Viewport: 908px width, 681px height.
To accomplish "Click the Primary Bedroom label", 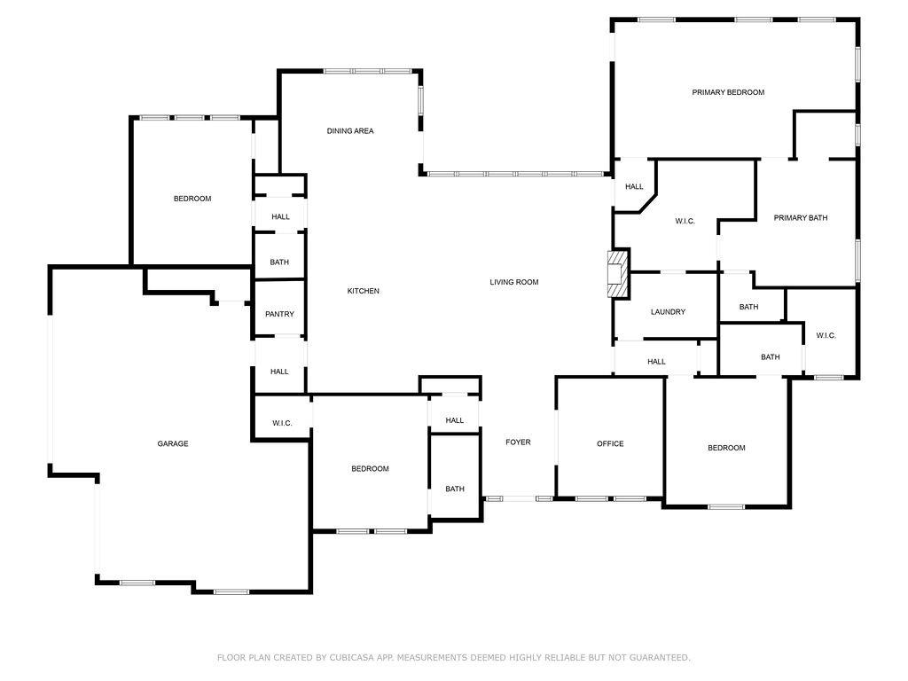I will (728, 92).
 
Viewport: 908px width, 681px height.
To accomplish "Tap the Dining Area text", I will (350, 131).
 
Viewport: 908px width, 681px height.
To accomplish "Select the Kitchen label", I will (364, 291).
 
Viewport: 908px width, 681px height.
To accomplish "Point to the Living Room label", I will (514, 282).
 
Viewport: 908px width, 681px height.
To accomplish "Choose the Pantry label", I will (279, 314).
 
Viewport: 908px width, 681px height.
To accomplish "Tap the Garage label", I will (173, 443).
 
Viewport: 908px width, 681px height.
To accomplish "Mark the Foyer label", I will (518, 442).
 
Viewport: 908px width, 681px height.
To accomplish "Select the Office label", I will (610, 443).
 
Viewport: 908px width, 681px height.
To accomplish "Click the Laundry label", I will (668, 311).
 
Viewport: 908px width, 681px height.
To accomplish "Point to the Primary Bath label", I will (800, 217).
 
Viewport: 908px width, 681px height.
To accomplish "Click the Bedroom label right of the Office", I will (726, 448).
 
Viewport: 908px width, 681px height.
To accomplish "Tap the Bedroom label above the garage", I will (192, 199).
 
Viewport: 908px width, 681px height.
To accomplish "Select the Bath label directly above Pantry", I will (279, 262).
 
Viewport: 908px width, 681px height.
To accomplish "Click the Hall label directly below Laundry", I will (656, 362).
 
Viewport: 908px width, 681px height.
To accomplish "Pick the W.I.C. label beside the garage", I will (282, 423).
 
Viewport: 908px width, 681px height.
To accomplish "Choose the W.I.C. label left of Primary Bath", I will (685, 221).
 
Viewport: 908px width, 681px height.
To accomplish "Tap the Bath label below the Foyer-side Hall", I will (455, 489).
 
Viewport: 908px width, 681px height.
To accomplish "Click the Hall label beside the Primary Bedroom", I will (634, 186).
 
